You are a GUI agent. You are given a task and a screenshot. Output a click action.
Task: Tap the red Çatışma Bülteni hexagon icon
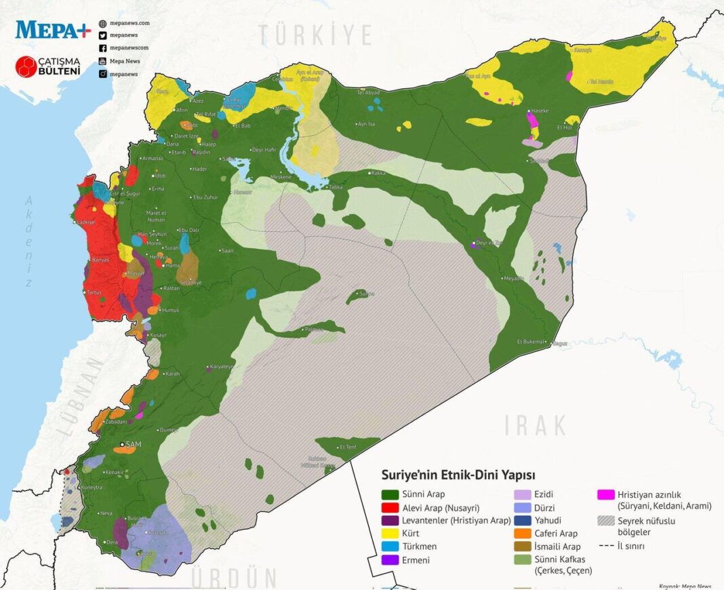[x=26, y=66]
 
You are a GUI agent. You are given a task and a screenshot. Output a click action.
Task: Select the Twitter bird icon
[x=102, y=35]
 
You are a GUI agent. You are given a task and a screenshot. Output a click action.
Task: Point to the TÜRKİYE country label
[x=315, y=35]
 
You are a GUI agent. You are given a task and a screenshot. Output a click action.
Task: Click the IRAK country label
[x=536, y=426]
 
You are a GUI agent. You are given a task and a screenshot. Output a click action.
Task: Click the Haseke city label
[x=540, y=110]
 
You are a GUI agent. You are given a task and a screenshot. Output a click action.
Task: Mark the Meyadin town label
[x=513, y=278]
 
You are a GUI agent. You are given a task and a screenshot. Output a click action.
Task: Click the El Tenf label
[x=348, y=446]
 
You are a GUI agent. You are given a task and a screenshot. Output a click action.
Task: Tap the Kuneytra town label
[x=92, y=487]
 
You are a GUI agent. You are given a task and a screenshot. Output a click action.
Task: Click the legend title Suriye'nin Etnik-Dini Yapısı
[x=458, y=475]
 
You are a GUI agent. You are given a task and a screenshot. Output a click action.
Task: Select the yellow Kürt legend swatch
[x=390, y=533]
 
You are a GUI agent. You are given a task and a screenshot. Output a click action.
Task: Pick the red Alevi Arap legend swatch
[x=390, y=507]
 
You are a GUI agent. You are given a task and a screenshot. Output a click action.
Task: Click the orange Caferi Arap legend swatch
[x=523, y=533]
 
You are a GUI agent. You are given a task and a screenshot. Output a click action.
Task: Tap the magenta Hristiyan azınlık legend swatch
[x=606, y=494]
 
